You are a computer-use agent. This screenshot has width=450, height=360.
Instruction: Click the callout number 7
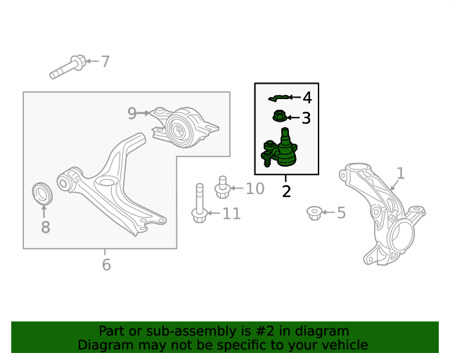point(105,62)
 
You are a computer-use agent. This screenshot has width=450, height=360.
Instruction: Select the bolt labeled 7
point(68,67)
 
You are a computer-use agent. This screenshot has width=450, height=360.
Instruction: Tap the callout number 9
point(132,113)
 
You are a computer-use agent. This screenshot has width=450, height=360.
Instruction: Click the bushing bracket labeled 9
point(185,127)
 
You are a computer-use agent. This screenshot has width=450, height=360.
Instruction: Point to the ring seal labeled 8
point(42,193)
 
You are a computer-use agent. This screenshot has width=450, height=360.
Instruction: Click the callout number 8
point(46,227)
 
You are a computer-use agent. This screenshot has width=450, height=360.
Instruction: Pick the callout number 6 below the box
point(106,264)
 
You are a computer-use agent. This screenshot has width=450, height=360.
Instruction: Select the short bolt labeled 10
point(222,187)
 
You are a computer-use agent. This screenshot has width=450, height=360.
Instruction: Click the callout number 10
point(255,189)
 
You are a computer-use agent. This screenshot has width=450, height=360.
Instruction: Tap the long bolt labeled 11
point(200,203)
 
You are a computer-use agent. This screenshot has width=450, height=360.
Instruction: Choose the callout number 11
point(231,214)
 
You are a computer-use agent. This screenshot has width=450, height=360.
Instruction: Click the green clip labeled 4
point(278,98)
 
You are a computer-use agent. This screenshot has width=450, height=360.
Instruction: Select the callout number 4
point(307,98)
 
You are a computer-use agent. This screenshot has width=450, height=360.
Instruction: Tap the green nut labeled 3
point(279,116)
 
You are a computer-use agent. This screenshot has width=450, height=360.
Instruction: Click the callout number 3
point(307,118)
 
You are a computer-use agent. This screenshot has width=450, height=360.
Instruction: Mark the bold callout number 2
point(286,191)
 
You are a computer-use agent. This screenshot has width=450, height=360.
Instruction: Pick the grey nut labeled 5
point(314,213)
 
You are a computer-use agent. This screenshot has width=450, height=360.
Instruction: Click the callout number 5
point(341,213)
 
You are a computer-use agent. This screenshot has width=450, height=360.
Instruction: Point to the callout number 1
point(401,174)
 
